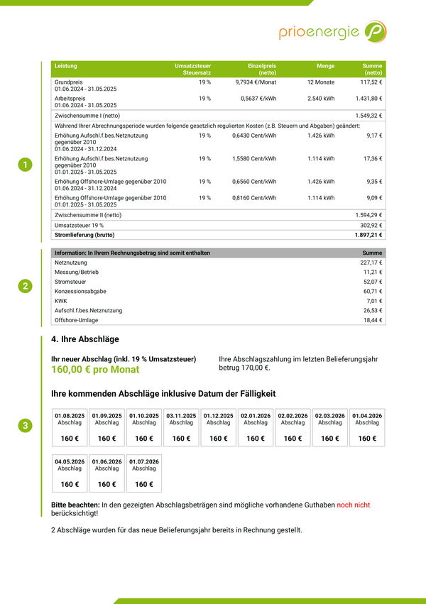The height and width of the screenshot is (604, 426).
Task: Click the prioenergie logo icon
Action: tap(375, 31)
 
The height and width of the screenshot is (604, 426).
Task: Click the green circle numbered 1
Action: tap(25, 165)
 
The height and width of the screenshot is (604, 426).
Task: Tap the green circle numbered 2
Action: tap(25, 286)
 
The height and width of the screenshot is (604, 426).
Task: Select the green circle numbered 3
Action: tap(25, 426)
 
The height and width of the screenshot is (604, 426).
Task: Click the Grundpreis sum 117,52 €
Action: tap(371, 82)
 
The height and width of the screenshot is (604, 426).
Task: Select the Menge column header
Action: tap(325, 65)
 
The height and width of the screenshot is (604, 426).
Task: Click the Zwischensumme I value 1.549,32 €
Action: tap(368, 115)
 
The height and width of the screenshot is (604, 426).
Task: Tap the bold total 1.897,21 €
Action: tap(368, 234)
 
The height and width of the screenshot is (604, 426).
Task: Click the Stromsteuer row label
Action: tap(70, 282)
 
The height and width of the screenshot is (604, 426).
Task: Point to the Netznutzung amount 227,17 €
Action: tap(371, 263)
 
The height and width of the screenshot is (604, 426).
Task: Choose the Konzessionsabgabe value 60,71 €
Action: tap(372, 291)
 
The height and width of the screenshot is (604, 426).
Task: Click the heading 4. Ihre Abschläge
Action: tap(85, 339)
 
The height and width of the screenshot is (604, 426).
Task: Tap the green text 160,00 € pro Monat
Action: tap(95, 370)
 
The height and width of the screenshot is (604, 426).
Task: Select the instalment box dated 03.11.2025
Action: tap(181, 427)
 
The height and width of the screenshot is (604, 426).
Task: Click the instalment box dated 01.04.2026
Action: tap(367, 427)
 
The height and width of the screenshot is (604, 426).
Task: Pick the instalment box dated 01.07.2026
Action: tap(144, 473)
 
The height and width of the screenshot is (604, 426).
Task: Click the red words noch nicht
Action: tap(353, 505)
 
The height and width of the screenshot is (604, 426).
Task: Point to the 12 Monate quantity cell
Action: tap(320, 82)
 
